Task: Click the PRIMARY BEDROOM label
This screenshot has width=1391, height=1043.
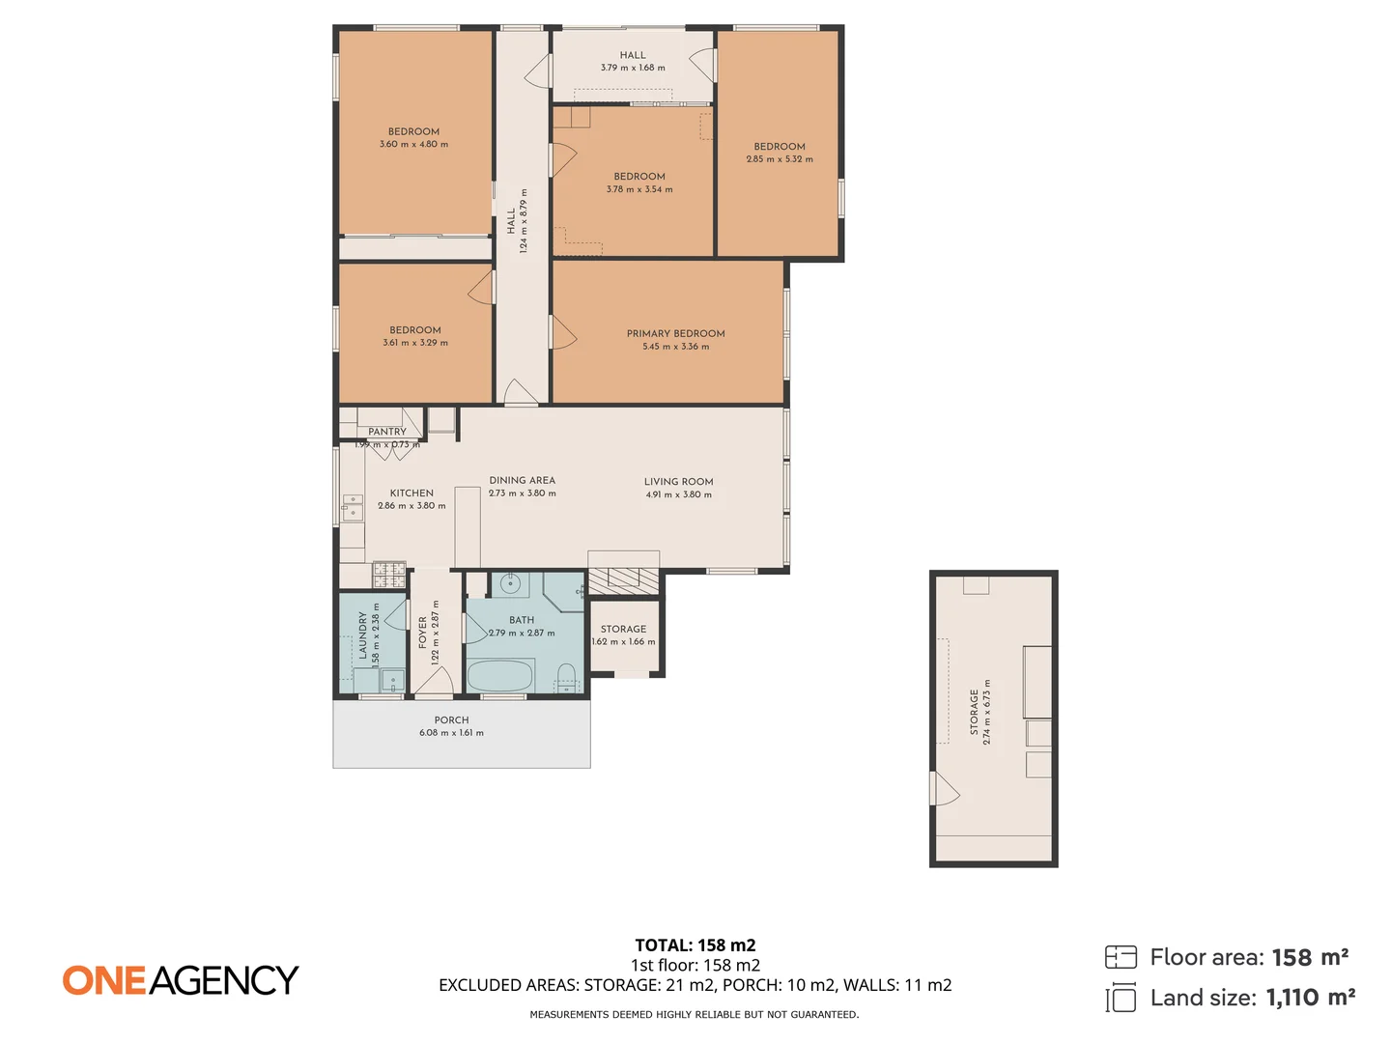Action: click(x=675, y=333)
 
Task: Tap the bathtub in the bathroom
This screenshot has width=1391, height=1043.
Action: click(x=499, y=675)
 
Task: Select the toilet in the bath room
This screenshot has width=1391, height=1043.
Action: click(x=567, y=675)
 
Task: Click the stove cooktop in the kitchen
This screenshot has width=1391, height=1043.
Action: click(x=389, y=575)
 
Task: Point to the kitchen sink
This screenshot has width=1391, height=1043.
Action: click(x=352, y=506)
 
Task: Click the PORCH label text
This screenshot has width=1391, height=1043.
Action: click(x=451, y=720)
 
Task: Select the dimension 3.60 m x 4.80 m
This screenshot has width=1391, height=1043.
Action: click(x=413, y=145)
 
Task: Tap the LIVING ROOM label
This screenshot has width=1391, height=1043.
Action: click(x=678, y=482)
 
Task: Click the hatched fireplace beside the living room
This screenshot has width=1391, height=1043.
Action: click(x=623, y=579)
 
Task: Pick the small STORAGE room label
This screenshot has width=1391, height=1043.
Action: click(x=623, y=629)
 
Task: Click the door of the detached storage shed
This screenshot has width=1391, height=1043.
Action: click(x=944, y=789)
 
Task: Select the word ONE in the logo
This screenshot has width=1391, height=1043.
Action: click(x=104, y=980)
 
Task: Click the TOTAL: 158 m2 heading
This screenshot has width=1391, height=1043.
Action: click(x=695, y=945)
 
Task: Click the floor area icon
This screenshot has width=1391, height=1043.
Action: click(x=1121, y=957)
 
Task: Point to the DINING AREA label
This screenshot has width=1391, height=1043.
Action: click(x=522, y=480)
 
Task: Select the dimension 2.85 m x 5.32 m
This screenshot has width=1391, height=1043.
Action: click(x=779, y=159)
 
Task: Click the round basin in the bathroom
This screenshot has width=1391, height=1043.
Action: click(x=510, y=583)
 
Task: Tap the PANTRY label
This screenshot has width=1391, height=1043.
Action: click(x=386, y=432)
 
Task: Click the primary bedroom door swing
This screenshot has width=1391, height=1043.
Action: click(x=562, y=333)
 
